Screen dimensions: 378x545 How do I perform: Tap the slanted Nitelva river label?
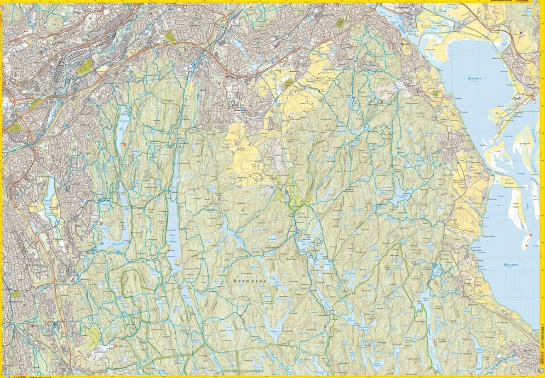(x=403, y=23)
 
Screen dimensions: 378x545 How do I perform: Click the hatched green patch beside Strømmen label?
(x=340, y=23)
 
